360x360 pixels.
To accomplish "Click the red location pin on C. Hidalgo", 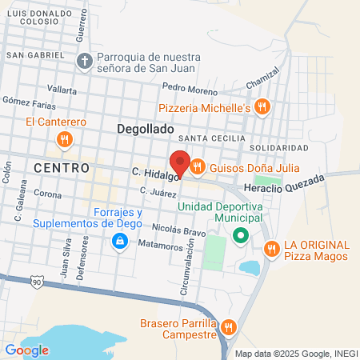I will tap(180, 163).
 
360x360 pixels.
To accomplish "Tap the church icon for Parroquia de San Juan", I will tap(86, 60).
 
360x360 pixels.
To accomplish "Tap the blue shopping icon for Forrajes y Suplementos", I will tap(119, 241).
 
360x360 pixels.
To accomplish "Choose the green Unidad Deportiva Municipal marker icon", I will tap(238, 236).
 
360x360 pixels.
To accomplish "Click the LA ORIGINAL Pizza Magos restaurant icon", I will tap(272, 250).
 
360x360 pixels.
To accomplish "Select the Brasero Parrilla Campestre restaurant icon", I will tap(230, 326).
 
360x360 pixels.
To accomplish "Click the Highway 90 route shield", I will tap(38, 282).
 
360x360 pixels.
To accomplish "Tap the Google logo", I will tap(26, 350).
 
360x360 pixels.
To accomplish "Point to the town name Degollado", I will tap(145, 128).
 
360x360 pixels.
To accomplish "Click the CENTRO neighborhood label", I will tap(62, 168).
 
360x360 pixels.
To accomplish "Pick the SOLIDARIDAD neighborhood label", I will tap(278, 149).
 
